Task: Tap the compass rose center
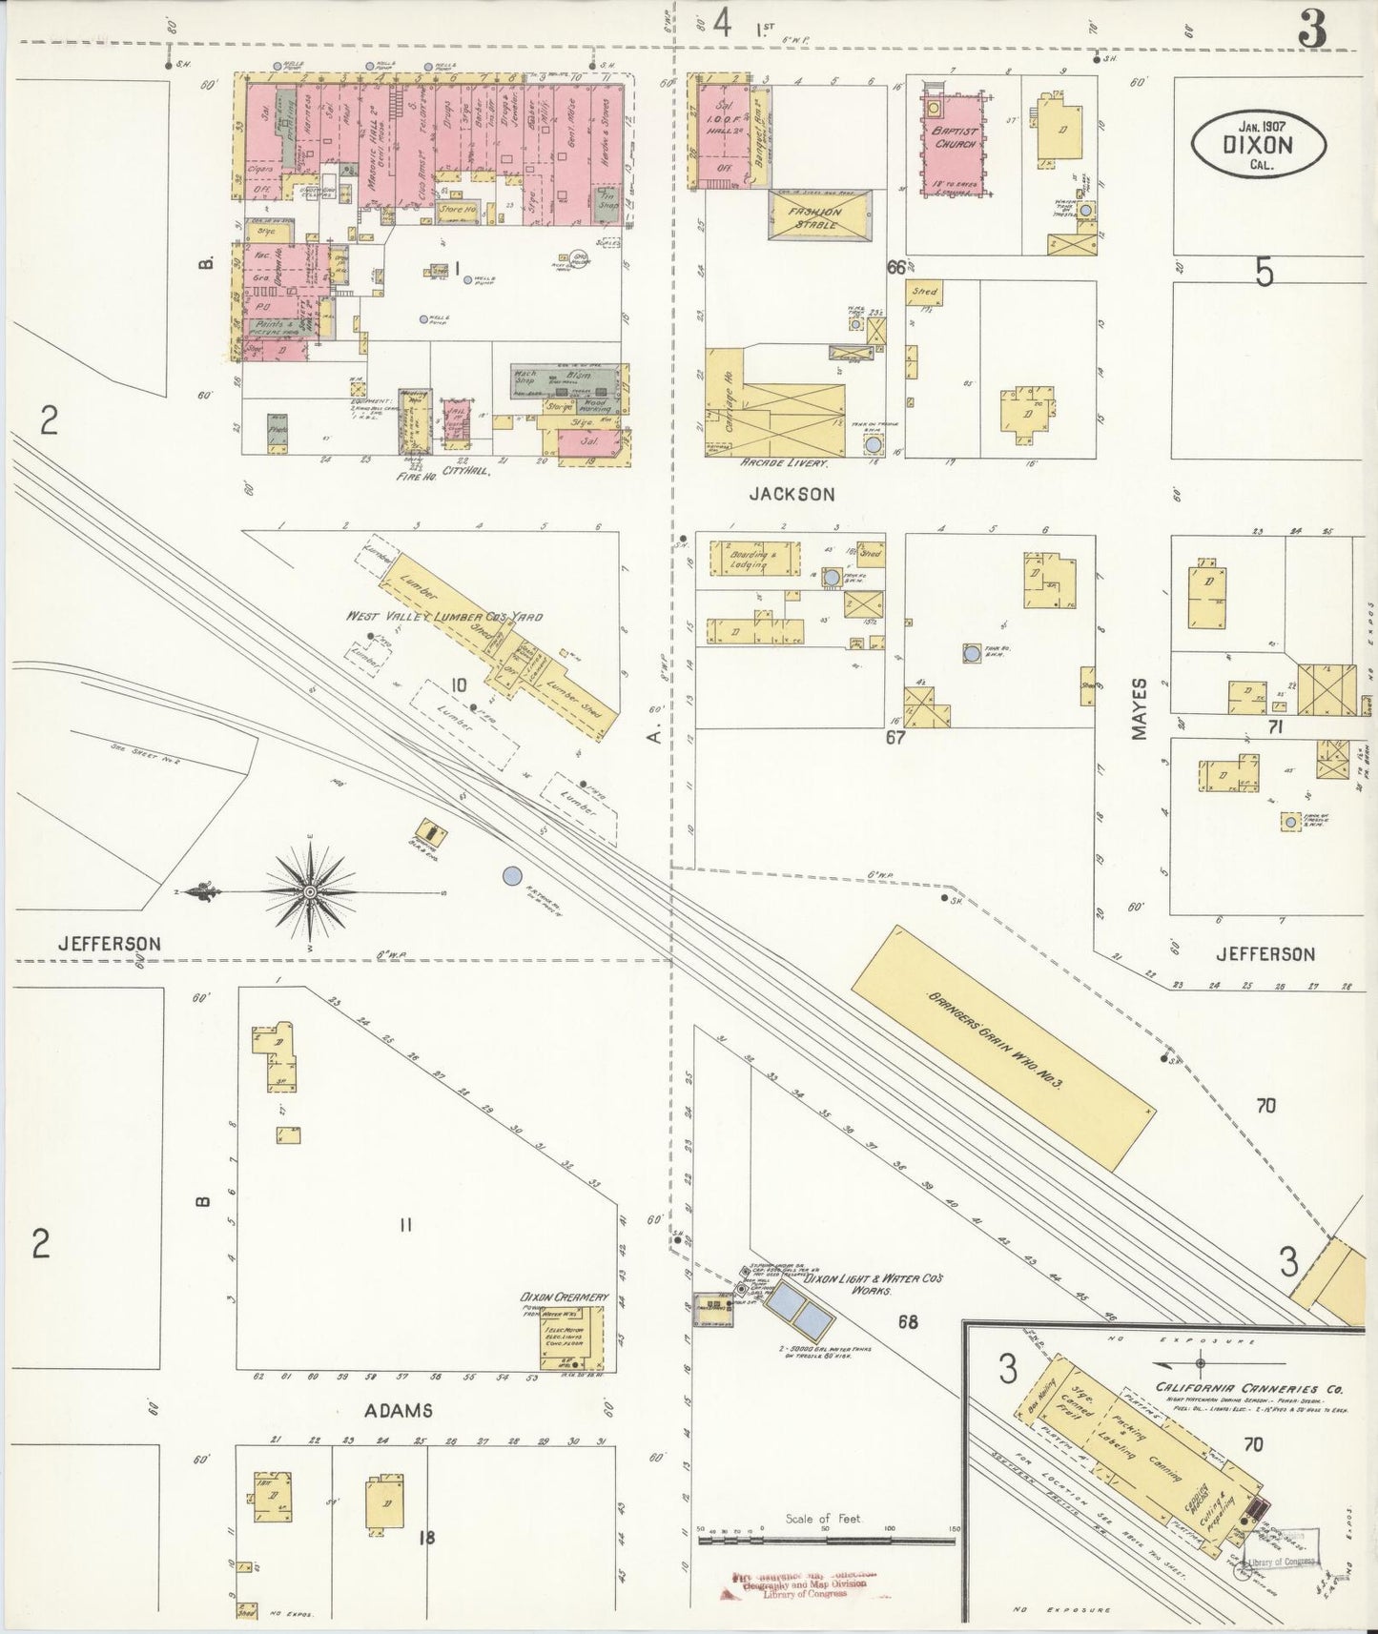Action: (310, 892)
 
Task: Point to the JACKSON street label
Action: (792, 494)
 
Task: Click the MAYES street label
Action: (1141, 708)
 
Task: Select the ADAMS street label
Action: (399, 1410)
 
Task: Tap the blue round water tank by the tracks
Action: (512, 874)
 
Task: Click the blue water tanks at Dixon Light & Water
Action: (801, 1308)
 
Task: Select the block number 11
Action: (405, 1225)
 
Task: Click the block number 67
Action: (895, 737)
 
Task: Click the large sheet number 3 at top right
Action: (1312, 32)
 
